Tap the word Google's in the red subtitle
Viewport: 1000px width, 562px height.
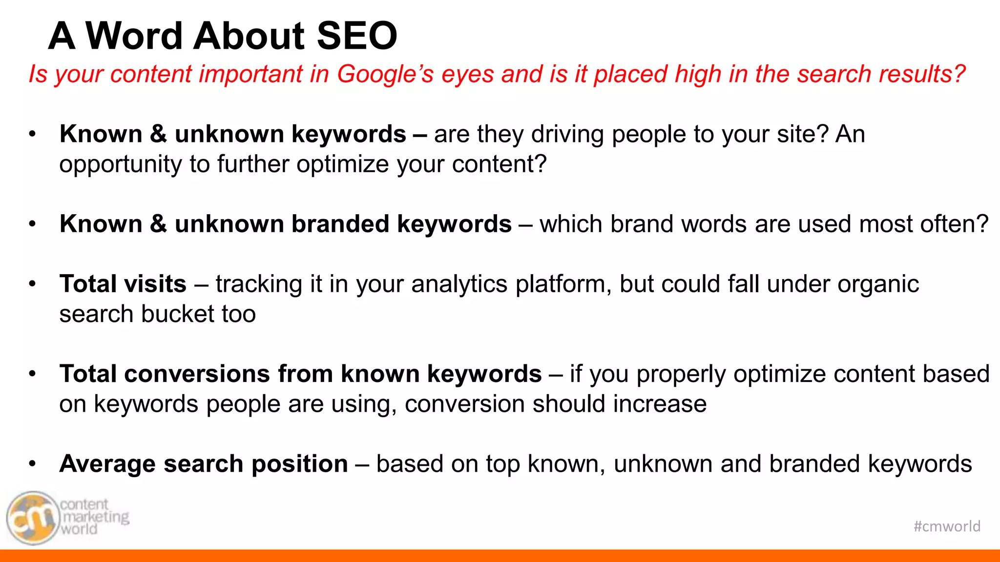[385, 75]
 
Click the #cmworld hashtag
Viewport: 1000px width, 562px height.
[947, 526]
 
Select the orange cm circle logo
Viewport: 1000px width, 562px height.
[32, 518]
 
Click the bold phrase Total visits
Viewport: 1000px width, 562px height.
[123, 284]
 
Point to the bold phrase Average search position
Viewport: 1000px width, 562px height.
[204, 463]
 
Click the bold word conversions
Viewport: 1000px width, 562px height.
[197, 374]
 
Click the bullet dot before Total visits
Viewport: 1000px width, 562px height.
[33, 284]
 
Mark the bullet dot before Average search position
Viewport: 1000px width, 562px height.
[33, 463]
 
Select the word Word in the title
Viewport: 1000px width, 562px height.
[135, 36]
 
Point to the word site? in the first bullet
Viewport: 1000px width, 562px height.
[803, 134]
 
